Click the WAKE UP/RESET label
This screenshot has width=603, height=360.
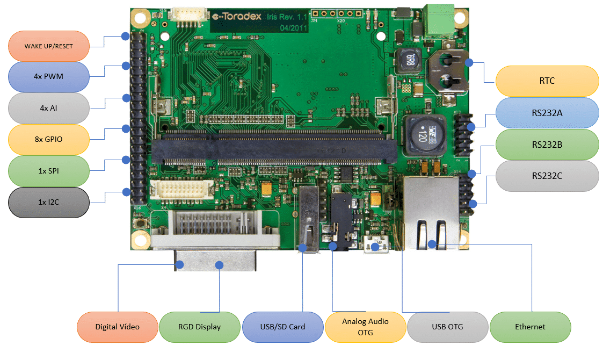point(48,46)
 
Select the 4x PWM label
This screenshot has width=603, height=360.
point(48,76)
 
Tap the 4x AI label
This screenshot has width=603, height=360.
point(48,108)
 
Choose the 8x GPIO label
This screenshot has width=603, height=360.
point(48,139)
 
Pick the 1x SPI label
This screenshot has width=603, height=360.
point(48,170)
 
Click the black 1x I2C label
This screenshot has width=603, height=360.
point(48,202)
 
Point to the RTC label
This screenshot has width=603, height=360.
point(547,81)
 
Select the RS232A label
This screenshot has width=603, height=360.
point(547,113)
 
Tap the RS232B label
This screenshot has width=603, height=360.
point(547,144)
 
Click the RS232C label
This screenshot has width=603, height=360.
point(547,176)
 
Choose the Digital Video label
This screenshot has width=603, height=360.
point(117,327)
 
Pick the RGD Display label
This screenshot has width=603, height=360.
point(199,327)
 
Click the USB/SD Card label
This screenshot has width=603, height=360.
point(282,327)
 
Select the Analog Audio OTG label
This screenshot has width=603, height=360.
point(365,327)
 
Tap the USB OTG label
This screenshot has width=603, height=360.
point(447,327)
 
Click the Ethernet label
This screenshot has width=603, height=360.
point(530,327)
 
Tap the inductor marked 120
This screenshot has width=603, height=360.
point(421,134)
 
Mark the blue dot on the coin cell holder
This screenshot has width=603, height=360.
point(469,62)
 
